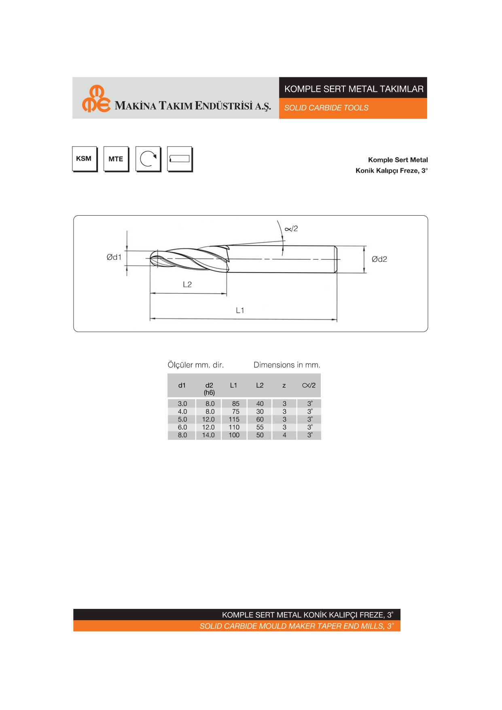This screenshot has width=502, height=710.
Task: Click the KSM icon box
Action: coord(84,159)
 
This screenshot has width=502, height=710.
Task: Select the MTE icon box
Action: coord(116,159)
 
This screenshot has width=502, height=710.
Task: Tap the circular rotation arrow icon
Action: coord(148,159)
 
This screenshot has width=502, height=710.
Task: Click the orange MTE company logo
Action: coord(96,99)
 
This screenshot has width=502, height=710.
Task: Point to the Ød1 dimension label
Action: coord(114,257)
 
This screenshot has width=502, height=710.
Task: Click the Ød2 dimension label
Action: coord(379,259)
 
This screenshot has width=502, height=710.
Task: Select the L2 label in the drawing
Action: coord(187,284)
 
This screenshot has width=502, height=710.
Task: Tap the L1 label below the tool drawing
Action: coord(240,310)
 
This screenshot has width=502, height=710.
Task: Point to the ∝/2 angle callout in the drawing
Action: coord(291,229)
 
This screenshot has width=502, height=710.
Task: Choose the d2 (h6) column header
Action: coord(209,388)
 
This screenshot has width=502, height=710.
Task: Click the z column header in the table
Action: coord(284,386)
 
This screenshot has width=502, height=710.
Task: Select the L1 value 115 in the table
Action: coord(234,420)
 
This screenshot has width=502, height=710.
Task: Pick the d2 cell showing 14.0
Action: coord(208,435)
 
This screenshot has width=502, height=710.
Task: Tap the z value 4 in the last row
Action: coord(284,435)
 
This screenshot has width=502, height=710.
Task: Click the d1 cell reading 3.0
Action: coord(182,404)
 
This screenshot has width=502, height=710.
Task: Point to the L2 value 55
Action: coord(260,427)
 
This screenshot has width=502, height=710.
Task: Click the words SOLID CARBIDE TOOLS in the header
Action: coord(326,108)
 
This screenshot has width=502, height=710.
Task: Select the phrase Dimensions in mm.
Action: coord(287,365)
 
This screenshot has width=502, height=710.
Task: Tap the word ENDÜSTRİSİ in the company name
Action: coord(224,106)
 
